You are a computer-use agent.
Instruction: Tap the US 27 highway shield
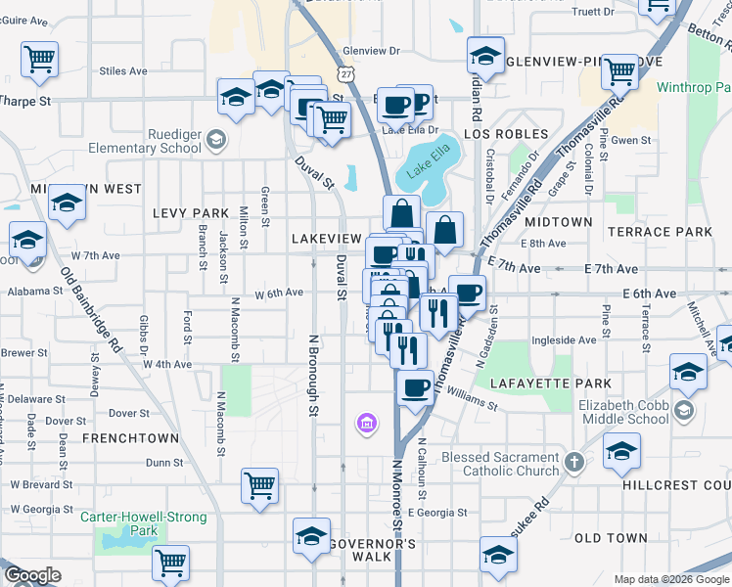[347, 74]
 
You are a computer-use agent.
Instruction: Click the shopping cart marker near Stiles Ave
[40, 61]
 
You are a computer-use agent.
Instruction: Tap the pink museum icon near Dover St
[367, 423]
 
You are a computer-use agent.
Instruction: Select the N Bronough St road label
[314, 373]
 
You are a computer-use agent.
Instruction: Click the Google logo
[32, 575]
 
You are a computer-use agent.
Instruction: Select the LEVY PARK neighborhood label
[190, 212]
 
